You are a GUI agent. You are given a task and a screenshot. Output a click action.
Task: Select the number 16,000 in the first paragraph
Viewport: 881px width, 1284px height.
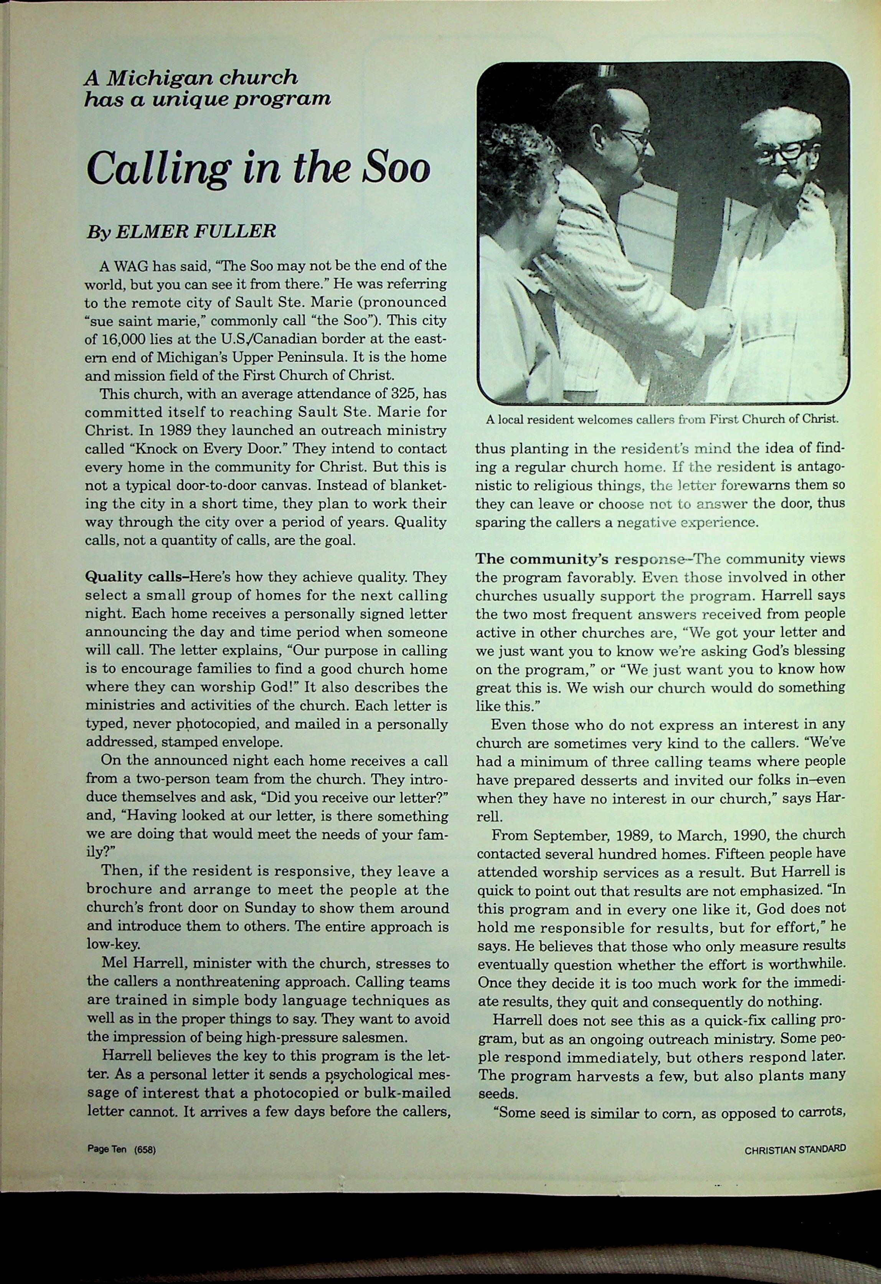(x=123, y=339)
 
